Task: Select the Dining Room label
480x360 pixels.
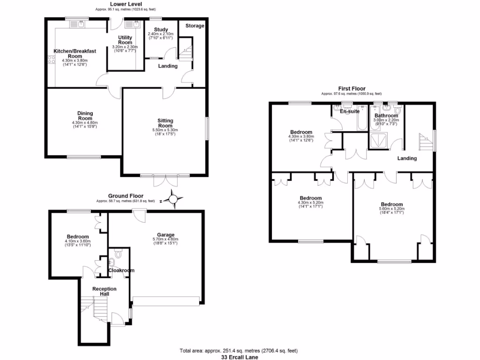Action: pos(85,115)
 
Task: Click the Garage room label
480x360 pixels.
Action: pos(165,235)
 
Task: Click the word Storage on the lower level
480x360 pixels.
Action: pos(195,26)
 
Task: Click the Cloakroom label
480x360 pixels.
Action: pos(121,270)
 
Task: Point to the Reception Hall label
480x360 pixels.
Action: pos(104,291)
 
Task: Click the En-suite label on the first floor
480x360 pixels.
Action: pos(349,112)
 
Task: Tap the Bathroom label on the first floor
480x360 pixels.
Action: pos(386,115)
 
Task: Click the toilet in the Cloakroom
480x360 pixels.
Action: pos(117,254)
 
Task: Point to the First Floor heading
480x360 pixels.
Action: pos(352,88)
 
